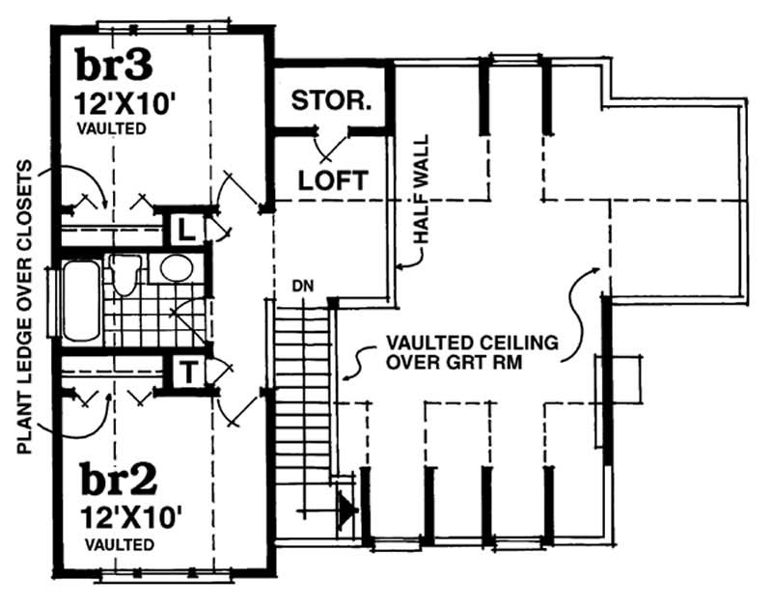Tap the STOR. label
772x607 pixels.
pyautogui.click(x=331, y=100)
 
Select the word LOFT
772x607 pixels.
pyautogui.click(x=332, y=179)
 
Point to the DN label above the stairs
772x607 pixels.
pyautogui.click(x=303, y=286)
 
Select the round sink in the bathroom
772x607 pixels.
pyautogui.click(x=175, y=267)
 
